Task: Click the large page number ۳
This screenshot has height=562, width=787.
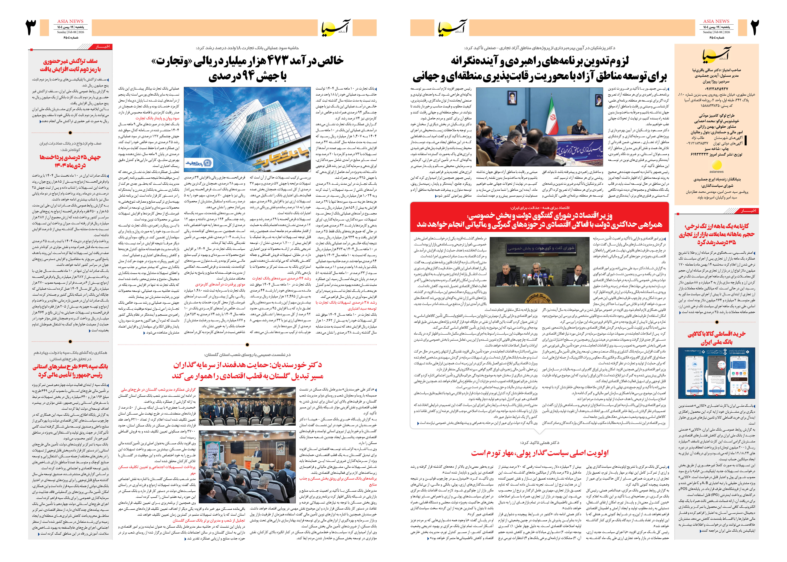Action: (32, 28)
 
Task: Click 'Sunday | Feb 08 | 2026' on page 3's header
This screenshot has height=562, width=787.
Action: (71, 32)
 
